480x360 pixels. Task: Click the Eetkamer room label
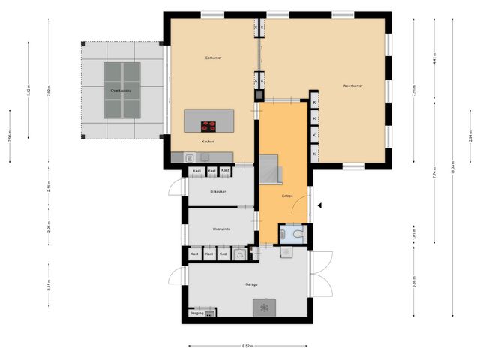[x=213, y=58]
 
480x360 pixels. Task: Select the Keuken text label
[x=208, y=141]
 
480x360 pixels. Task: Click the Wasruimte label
[x=220, y=228]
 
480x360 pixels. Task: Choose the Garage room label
[x=251, y=284]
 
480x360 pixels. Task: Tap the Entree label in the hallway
[x=286, y=196]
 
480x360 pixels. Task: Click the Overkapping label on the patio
[x=121, y=90]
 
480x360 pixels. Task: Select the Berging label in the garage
[x=196, y=313]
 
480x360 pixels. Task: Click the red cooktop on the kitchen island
[x=208, y=125]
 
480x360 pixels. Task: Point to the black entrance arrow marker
[x=319, y=205]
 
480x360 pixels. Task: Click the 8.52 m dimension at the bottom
[x=247, y=346]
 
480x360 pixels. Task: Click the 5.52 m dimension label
[x=28, y=90]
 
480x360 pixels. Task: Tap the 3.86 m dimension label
[x=413, y=283]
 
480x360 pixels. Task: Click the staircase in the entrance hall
[x=271, y=169]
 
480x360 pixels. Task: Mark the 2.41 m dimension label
[x=48, y=285]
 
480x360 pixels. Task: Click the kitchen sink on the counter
[x=190, y=157]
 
